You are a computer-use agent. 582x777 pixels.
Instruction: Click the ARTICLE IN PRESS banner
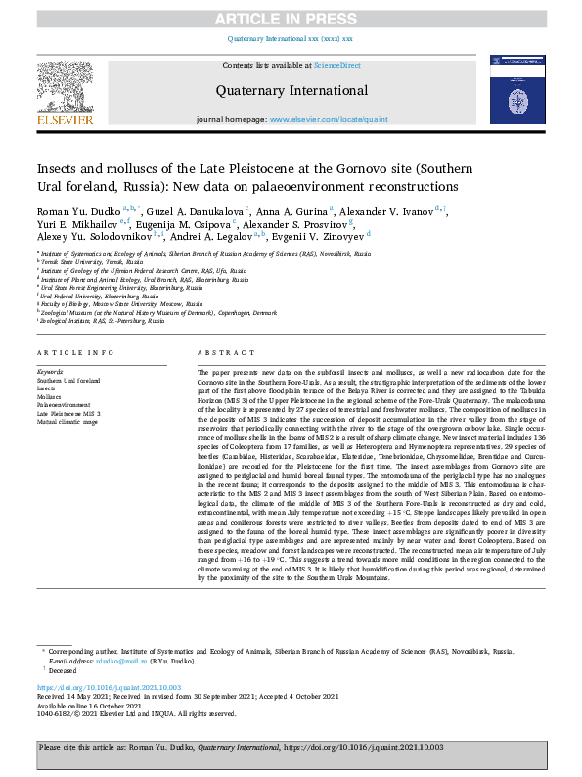[x=291, y=19]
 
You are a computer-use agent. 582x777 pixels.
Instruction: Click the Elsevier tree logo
[x=66, y=92]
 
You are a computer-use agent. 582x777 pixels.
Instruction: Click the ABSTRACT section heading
[x=219, y=352]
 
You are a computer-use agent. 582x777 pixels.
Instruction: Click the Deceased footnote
[x=62, y=671]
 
